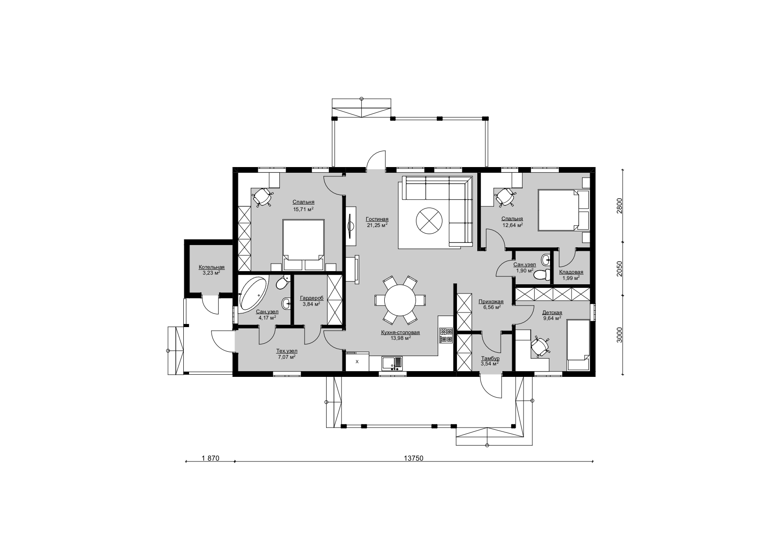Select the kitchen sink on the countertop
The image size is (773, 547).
392,363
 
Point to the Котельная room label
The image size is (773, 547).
212,267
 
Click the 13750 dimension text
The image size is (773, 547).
413,458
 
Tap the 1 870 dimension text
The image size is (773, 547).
210,458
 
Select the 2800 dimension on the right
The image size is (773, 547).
619,206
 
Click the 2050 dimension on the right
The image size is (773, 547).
619,268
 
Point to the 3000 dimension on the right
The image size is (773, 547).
619,335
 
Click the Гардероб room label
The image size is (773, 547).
312,298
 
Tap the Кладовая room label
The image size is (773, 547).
571,272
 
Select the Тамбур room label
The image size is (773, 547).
491,358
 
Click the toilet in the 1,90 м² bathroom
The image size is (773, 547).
541,275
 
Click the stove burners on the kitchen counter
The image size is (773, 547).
446,335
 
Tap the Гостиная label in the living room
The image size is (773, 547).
377,219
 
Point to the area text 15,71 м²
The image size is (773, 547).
303,209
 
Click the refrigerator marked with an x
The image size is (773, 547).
357,362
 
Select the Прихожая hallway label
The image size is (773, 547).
491,302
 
